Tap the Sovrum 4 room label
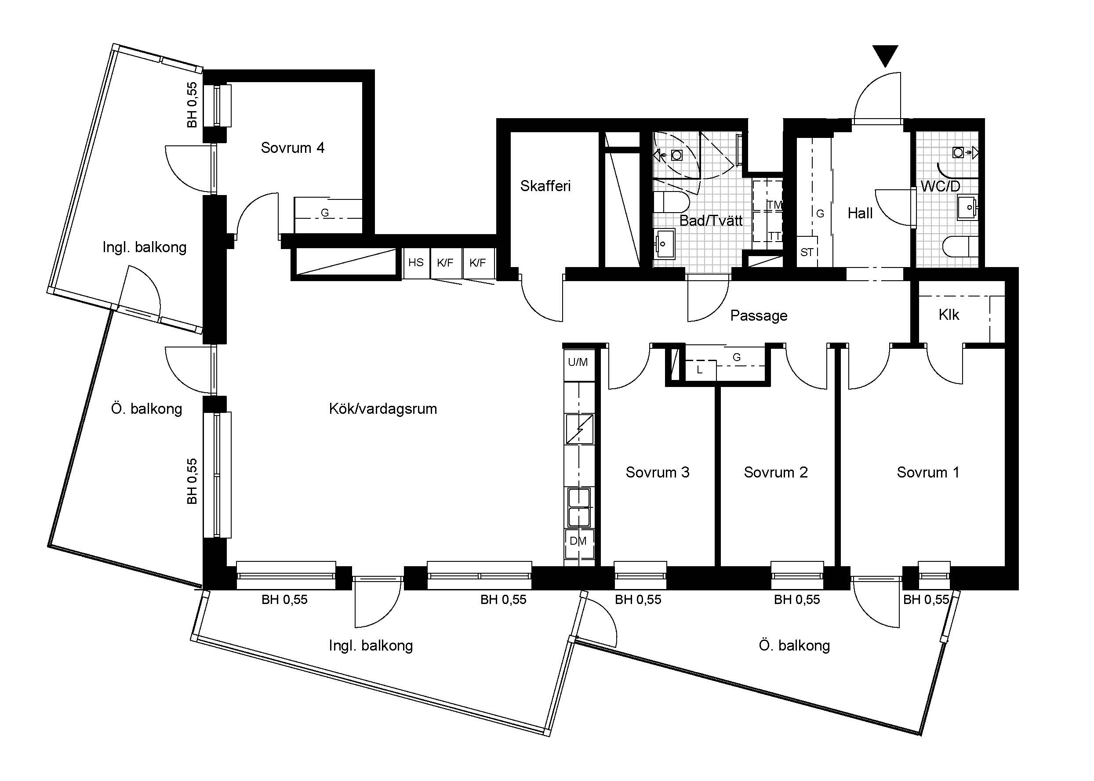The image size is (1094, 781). click(292, 148)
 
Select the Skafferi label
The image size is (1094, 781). click(545, 186)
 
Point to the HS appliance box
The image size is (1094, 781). click(416, 263)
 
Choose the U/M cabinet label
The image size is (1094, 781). click(578, 362)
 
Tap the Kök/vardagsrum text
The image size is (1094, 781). click(383, 409)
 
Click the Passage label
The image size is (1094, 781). click(759, 315)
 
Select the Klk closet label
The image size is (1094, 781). click(949, 315)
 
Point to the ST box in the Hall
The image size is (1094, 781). click(807, 252)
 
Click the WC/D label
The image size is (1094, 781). click(940, 186)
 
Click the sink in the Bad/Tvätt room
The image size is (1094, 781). click(665, 244)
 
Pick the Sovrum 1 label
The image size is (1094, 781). click(928, 472)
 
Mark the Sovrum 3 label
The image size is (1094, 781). click(657, 472)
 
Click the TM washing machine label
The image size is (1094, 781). click(774, 205)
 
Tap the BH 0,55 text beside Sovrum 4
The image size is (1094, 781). click(192, 105)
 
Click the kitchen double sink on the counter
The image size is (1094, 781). click(579, 507)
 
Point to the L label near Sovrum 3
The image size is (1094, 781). click(699, 370)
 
